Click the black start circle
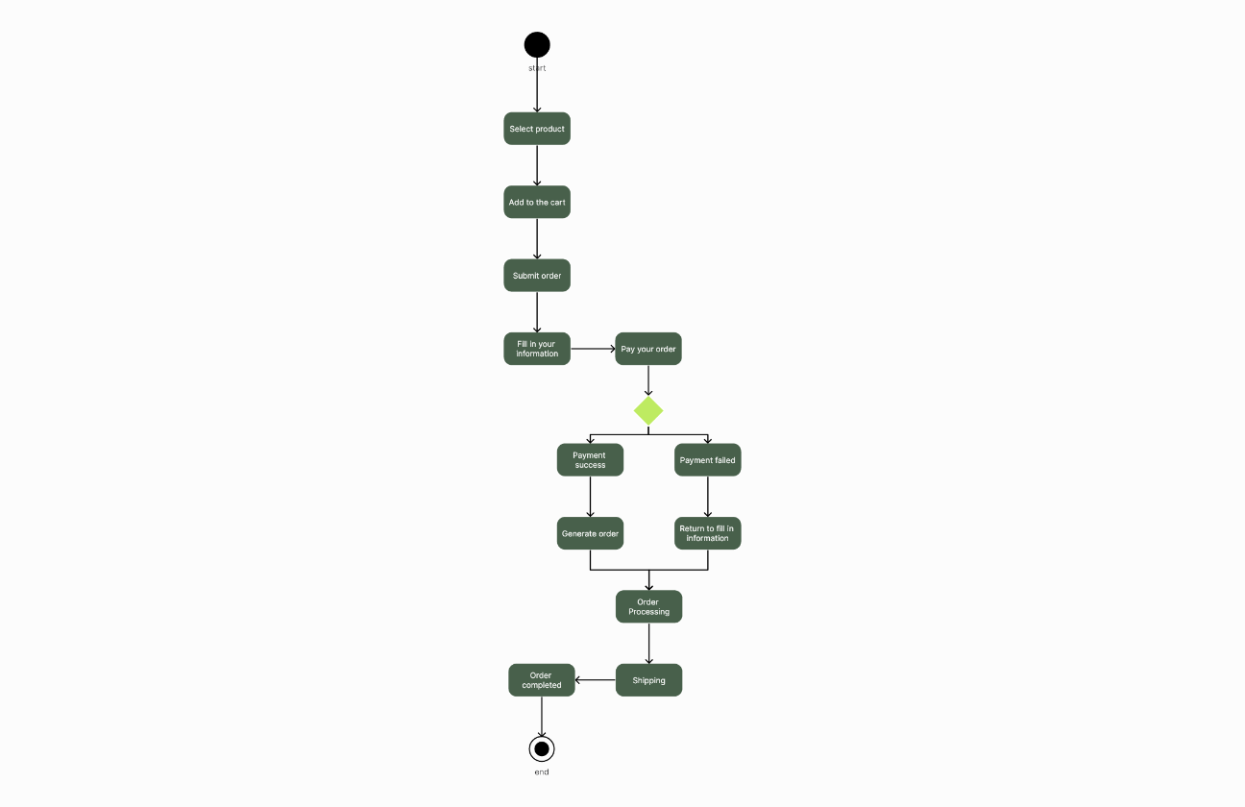pos(537,44)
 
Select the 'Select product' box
pos(537,129)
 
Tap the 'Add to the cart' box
pos(537,202)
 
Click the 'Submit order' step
pos(537,275)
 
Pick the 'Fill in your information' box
pos(537,349)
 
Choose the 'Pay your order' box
pos(648,349)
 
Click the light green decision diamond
pos(648,411)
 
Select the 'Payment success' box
pos(590,459)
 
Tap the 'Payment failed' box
pos(708,459)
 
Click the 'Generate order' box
pos(590,533)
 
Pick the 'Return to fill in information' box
pos(708,533)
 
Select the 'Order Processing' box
pos(648,606)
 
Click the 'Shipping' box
pos(648,680)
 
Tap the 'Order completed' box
pos(542,680)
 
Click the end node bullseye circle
pos(542,748)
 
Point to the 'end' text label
pos(542,772)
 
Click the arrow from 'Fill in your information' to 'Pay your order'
pos(593,349)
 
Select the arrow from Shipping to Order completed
pos(596,680)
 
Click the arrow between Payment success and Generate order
pos(590,497)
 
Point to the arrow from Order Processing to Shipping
pos(648,643)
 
